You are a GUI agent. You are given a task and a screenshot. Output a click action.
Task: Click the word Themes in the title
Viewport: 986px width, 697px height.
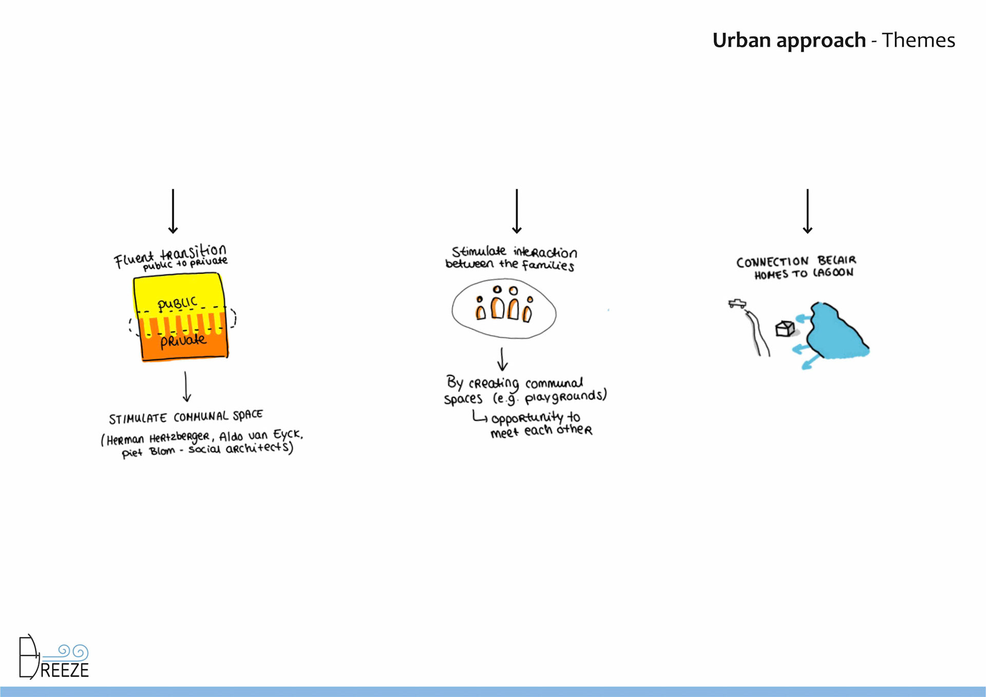tap(918, 40)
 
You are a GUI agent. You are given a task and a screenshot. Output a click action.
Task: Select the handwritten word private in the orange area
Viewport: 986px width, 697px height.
tap(183, 341)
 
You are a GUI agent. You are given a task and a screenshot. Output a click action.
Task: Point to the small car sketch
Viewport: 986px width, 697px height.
tap(737, 304)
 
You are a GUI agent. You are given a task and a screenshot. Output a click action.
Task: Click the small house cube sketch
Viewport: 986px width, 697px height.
tap(785, 328)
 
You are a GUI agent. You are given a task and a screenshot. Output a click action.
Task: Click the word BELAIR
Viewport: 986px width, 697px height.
tap(837, 260)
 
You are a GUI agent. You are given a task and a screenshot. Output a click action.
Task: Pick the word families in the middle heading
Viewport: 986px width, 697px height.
tap(548, 265)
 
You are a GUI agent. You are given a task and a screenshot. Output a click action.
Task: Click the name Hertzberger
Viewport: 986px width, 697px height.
tap(179, 438)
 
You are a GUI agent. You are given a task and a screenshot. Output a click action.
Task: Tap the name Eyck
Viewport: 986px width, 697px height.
tap(288, 435)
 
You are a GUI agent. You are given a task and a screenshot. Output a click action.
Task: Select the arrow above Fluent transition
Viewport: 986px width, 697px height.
tap(173, 211)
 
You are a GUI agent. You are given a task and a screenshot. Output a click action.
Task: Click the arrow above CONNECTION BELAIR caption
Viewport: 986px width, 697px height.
tap(807, 211)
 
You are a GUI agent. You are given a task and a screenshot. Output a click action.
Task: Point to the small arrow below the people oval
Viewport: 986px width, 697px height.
tap(502, 359)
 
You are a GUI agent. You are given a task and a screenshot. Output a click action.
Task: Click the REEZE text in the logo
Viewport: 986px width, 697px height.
tap(64, 670)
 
